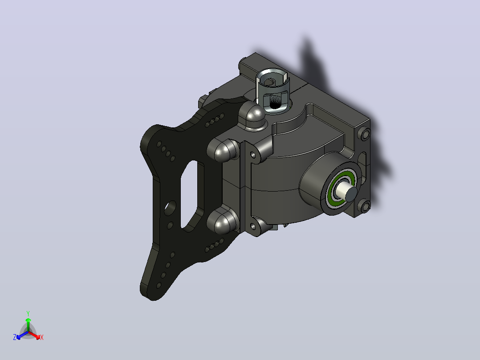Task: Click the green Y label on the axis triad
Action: (28, 313)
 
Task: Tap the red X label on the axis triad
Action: (42, 337)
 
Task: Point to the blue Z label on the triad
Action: (15, 337)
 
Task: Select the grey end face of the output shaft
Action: (351, 194)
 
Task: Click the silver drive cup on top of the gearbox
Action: (273, 90)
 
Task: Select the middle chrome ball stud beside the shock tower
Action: (223, 150)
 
